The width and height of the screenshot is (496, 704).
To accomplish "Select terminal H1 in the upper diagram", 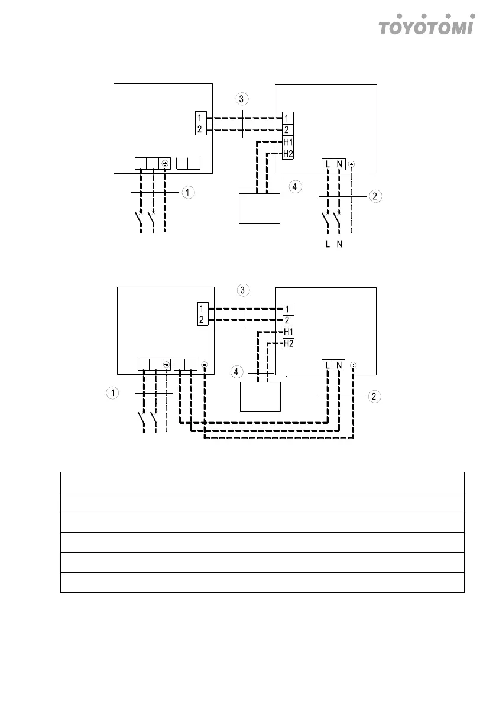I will point(288,142).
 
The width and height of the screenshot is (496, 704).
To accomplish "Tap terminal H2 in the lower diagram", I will point(288,343).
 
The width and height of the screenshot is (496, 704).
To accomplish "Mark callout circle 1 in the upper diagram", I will point(187,192).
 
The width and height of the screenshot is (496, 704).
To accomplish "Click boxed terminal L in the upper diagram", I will point(328,164).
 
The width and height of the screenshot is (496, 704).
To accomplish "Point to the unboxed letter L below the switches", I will point(328,246).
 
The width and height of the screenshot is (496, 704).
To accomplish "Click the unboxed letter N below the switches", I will point(339,246).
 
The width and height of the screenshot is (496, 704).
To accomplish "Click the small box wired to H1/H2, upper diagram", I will point(260,209).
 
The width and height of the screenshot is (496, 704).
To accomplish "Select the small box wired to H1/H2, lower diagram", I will point(260,397).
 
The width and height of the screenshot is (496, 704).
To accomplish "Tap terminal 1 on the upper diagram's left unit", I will point(200,118).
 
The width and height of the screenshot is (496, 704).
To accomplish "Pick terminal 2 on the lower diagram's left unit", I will point(203,320).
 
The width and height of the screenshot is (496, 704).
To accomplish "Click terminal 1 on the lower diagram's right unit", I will point(287,308).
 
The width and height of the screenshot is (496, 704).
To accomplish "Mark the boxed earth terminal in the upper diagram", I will point(165,164).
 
